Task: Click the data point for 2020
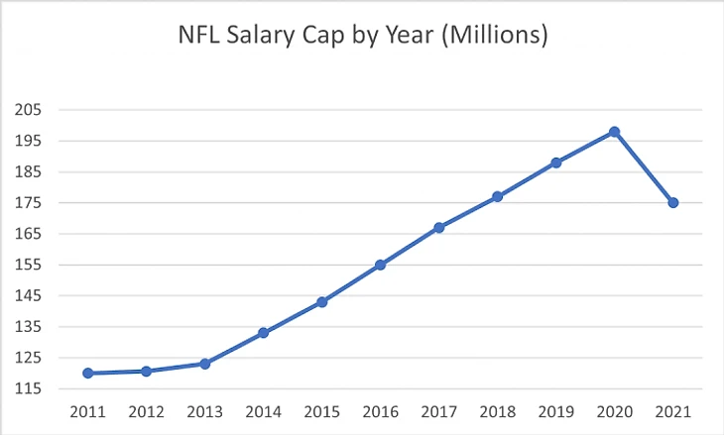pyautogui.click(x=614, y=132)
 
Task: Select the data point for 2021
pyautogui.click(x=673, y=203)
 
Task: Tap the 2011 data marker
pyautogui.click(x=88, y=374)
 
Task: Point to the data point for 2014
pyautogui.click(x=263, y=333)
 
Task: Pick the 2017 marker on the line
pyautogui.click(x=439, y=228)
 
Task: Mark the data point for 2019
pyautogui.click(x=556, y=163)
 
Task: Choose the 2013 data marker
pyautogui.click(x=204, y=364)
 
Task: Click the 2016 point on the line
pyautogui.click(x=380, y=265)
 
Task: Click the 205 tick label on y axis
pyautogui.click(x=32, y=110)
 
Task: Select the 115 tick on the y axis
pyautogui.click(x=32, y=388)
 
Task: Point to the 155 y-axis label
pyautogui.click(x=32, y=265)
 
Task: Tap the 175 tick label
pyautogui.click(x=32, y=203)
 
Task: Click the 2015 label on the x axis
pyautogui.click(x=321, y=410)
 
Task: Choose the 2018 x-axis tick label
pyautogui.click(x=497, y=410)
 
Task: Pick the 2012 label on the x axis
pyautogui.click(x=146, y=410)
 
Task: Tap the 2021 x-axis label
pyautogui.click(x=673, y=410)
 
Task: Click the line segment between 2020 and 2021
pyautogui.click(x=644, y=167)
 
